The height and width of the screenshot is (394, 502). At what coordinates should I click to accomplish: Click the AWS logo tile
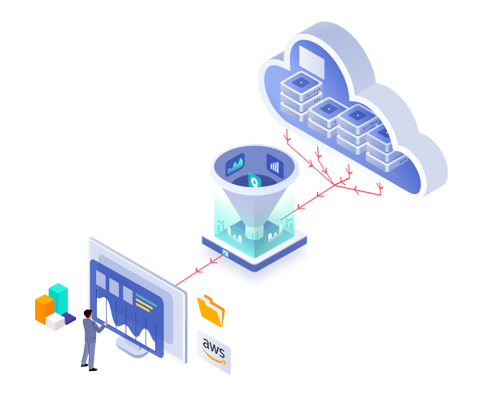click(x=214, y=352)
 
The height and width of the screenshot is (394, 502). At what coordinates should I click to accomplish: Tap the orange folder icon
click(x=211, y=310)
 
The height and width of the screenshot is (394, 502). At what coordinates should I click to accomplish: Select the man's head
click(x=88, y=314)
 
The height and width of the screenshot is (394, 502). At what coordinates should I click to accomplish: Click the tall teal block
click(x=58, y=299)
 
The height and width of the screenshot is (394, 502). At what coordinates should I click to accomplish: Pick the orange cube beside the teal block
click(x=44, y=309)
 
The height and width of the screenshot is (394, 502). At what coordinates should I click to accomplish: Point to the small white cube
click(x=55, y=322)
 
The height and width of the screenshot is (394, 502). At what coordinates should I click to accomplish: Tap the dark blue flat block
click(x=69, y=318)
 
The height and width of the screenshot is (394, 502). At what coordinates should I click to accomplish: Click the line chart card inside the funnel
click(x=235, y=165)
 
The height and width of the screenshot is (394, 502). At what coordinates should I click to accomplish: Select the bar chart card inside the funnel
click(x=275, y=166)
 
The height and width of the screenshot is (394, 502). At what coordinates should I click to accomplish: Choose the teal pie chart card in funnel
click(x=255, y=181)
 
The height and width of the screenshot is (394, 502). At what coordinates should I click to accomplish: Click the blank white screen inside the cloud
click(x=311, y=62)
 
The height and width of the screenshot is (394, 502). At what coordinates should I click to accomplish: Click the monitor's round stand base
click(x=132, y=348)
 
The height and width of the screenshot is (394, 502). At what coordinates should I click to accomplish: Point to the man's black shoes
click(x=89, y=367)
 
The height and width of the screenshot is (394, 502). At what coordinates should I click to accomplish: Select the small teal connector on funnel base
click(x=225, y=254)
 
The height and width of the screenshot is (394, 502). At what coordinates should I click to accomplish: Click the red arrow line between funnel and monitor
click(x=201, y=269)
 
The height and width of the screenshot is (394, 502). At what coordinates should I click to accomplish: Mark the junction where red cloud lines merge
click(x=334, y=185)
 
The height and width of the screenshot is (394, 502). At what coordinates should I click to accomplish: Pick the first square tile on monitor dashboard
click(x=101, y=279)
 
